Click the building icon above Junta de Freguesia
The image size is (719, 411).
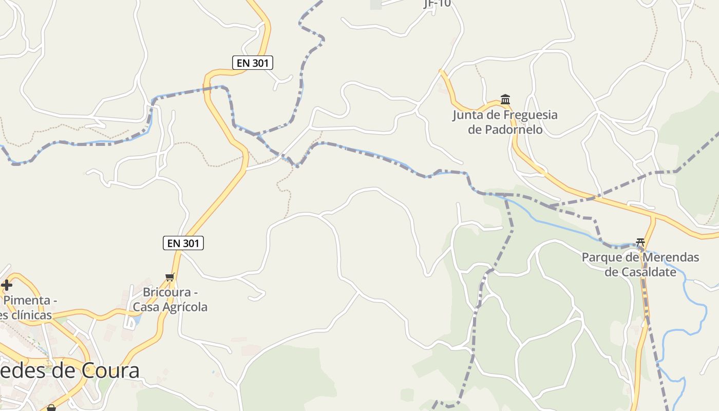point(505,99)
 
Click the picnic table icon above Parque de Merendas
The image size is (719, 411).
point(640,242)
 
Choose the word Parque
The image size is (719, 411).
point(603,257)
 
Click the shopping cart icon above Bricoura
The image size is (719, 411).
point(169,277)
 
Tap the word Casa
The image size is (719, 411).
point(145,307)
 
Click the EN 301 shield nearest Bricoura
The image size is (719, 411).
point(183,243)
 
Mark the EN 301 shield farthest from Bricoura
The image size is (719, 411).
point(252,63)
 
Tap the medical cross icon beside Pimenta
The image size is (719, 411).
point(7,285)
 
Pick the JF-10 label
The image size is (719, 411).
point(437,4)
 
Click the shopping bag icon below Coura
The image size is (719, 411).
point(51,408)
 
